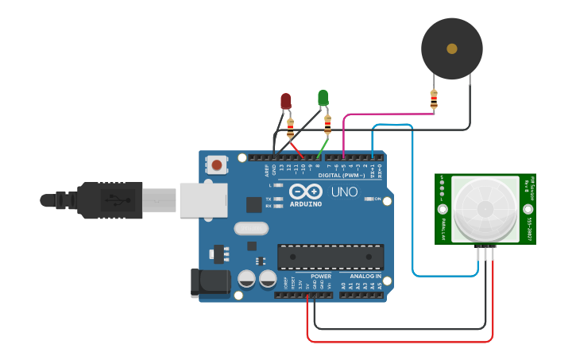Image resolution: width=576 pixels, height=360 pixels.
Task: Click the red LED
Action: tap(286, 101)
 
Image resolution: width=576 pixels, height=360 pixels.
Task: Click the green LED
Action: tap(323, 98)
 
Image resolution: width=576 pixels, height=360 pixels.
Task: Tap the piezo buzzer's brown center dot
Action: tap(452, 48)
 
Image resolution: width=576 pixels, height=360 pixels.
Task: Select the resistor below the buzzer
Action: tap(433, 99)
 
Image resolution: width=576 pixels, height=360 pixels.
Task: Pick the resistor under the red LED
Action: tap(290, 127)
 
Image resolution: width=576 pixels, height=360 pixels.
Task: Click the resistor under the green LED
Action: tap(327, 124)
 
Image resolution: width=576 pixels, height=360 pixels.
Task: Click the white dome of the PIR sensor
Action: tap(485, 209)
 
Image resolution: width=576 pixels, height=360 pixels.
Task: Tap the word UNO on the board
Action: tap(344, 192)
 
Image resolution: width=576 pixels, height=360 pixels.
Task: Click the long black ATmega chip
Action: tap(330, 257)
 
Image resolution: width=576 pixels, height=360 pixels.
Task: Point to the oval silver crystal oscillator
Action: tap(252, 228)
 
